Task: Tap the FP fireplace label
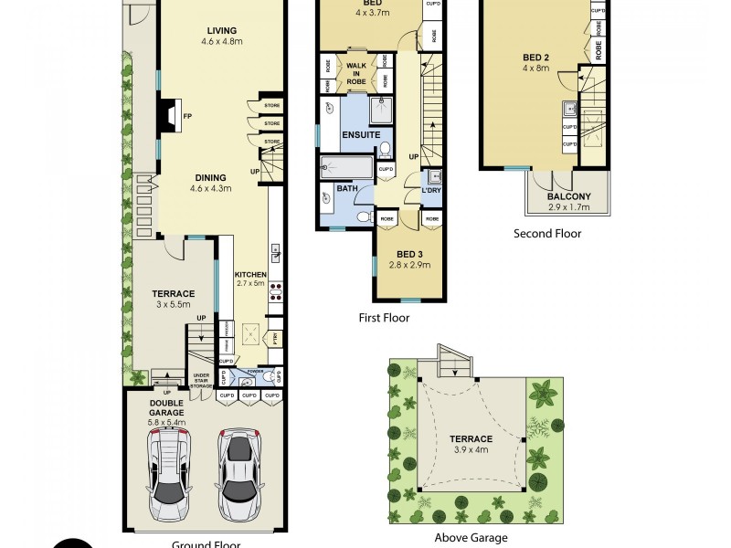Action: pyautogui.click(x=187, y=117)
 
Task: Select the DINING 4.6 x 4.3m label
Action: pyautogui.click(x=210, y=184)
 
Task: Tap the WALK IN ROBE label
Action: pyautogui.click(x=355, y=72)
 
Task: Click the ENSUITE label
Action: pyautogui.click(x=361, y=135)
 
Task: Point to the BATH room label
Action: pyautogui.click(x=346, y=189)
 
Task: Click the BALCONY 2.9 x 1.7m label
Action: pyautogui.click(x=568, y=201)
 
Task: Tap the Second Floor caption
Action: pyautogui.click(x=546, y=234)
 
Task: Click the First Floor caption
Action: pyautogui.click(x=384, y=319)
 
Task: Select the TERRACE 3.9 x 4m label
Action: pyautogui.click(x=471, y=444)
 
